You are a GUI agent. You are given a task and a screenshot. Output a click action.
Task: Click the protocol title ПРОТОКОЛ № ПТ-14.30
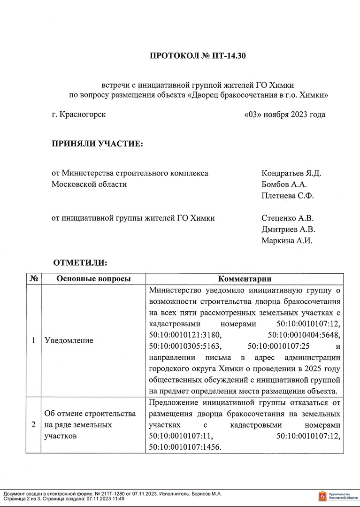[198, 56]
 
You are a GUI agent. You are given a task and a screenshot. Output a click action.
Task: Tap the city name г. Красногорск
[79, 115]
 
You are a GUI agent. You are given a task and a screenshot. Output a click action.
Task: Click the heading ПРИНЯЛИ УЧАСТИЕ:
[97, 143]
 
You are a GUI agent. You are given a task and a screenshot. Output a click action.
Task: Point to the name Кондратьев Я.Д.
[291, 173]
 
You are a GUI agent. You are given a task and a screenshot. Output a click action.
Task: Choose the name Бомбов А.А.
[283, 184]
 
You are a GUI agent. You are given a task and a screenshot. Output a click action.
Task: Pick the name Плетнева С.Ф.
[287, 195]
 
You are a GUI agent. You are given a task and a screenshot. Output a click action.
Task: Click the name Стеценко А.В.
[287, 218]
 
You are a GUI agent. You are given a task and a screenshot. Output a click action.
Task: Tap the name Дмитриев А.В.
[288, 230]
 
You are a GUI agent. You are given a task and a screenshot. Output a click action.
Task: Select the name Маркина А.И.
[286, 241]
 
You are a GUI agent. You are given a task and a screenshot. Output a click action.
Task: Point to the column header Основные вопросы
[93, 279]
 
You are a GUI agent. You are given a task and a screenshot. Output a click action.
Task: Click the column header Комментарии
[245, 279]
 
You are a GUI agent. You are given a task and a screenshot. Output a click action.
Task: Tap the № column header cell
[34, 279]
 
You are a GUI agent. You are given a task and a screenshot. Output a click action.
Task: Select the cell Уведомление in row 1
[69, 340]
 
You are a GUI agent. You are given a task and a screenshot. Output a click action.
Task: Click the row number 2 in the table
[34, 425]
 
